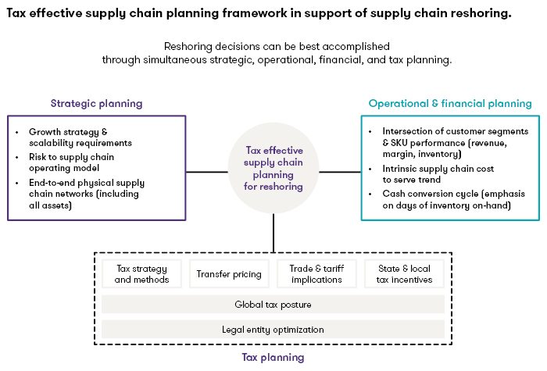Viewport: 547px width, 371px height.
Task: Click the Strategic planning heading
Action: point(97,103)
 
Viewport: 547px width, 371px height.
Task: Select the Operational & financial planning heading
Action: point(450,103)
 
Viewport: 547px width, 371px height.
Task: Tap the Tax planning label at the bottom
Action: point(273,357)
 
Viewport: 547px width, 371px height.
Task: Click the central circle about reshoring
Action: point(273,168)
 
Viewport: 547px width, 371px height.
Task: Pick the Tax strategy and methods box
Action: point(141,273)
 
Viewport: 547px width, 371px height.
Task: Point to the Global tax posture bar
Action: point(273,304)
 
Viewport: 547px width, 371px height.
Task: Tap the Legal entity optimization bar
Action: point(273,330)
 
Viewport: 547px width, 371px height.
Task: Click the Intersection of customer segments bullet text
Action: point(456,142)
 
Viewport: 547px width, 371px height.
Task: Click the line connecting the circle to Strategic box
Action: point(207,172)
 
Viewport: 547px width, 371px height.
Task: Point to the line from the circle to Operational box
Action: point(340,172)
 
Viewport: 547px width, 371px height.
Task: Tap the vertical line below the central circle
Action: point(273,233)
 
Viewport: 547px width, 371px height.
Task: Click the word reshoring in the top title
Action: point(481,14)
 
